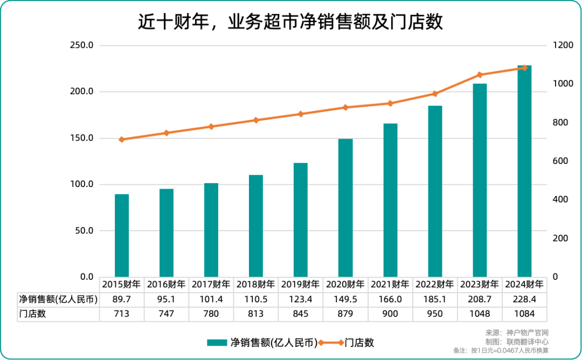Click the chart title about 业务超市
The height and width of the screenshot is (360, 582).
290,22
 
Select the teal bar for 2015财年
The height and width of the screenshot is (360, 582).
122,236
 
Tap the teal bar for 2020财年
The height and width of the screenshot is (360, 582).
345,208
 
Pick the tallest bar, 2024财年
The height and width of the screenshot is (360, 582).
524,171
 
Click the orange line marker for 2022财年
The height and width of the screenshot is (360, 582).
435,94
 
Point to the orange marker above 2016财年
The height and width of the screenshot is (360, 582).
167,133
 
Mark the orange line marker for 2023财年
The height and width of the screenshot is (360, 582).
480,75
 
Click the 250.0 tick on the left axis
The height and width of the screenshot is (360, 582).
82,45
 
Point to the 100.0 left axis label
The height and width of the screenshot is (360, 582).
82,184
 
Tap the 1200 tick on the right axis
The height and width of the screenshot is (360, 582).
563,45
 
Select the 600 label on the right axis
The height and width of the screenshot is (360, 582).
560,161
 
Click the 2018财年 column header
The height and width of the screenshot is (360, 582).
256,284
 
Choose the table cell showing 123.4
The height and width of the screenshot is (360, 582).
301,299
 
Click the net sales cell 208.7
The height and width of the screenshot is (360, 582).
480,299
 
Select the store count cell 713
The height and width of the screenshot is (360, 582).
122,314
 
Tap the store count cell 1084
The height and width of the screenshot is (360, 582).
524,314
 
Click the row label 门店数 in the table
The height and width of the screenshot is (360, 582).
32,314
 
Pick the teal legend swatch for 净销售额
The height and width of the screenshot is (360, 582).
217,342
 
